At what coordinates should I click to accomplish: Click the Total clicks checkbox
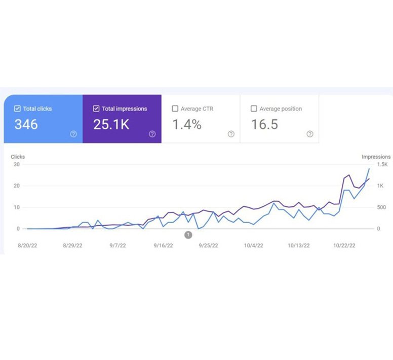point(18,109)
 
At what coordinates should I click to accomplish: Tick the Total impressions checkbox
point(97,109)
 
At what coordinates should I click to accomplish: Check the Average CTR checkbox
point(175,109)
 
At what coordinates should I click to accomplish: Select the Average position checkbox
point(254,109)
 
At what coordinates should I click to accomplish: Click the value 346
point(26,124)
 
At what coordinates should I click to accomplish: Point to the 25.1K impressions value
point(111,124)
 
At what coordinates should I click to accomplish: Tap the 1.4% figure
point(187,124)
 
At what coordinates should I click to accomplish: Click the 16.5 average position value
point(265,124)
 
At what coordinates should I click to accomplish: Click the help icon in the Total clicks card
point(73,134)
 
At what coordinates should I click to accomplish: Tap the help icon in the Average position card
point(310,134)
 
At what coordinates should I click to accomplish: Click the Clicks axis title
point(18,157)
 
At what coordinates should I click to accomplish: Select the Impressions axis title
point(376,157)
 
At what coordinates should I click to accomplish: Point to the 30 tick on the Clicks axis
point(17,165)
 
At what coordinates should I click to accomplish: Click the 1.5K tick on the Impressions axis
point(383,165)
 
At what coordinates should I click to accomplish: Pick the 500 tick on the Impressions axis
point(381,207)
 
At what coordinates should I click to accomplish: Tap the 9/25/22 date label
point(208,245)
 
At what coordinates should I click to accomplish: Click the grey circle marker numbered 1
point(188,235)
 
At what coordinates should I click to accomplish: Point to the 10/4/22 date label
point(254,245)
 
